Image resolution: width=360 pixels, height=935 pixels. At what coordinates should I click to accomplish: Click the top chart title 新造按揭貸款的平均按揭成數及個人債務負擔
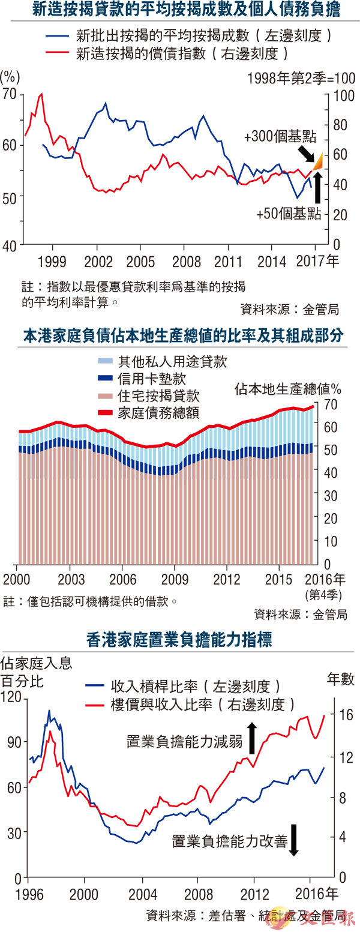pyautogui.click(x=179, y=10)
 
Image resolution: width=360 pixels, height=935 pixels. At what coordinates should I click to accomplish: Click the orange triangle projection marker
pyautogui.click(x=318, y=161)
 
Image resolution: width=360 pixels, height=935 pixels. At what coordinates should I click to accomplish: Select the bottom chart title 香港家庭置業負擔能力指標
pyautogui.click(x=179, y=640)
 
